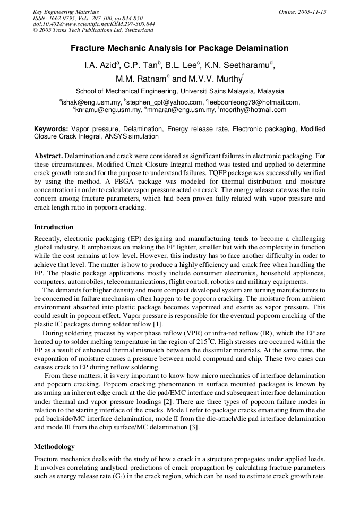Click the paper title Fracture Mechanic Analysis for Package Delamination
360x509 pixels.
179,48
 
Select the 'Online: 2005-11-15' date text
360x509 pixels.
302,12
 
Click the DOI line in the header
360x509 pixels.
94,24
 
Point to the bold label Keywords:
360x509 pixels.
51,129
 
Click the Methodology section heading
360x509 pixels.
54,446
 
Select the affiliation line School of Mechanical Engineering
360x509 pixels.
179,91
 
